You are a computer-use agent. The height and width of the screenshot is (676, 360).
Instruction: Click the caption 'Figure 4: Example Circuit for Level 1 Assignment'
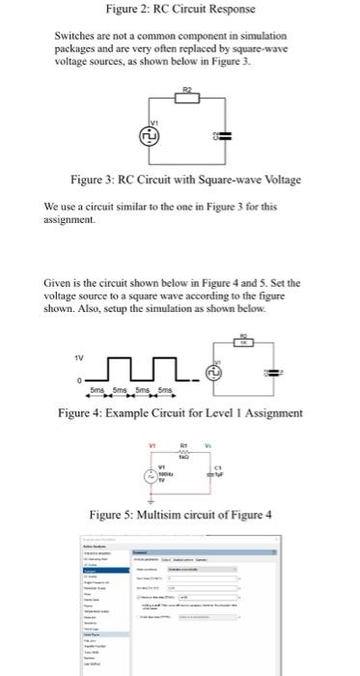(x=180, y=413)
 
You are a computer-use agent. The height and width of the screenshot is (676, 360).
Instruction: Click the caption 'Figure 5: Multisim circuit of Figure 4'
(x=180, y=512)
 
